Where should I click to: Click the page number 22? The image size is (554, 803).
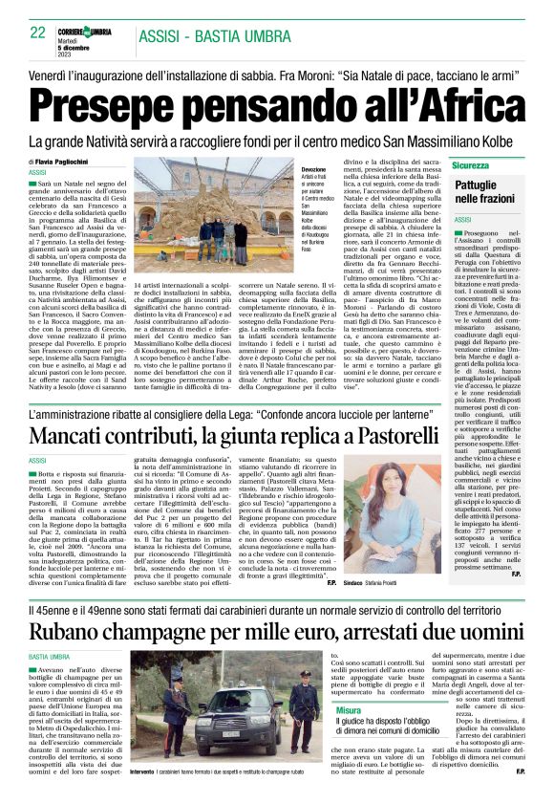click(38, 33)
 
